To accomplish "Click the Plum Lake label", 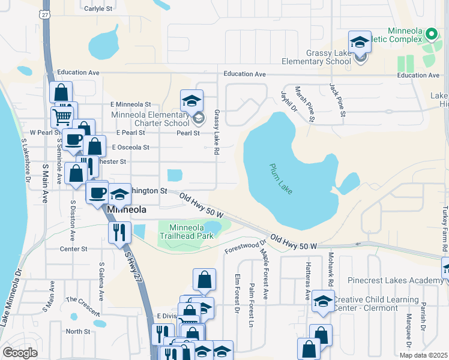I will tap(281, 178).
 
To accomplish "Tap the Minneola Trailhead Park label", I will tap(191, 232).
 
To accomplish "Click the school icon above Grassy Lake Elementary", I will tap(360, 42).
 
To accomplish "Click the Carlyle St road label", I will tap(98, 8).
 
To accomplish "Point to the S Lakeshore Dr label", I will tap(26, 160).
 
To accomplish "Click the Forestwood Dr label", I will tap(245, 246).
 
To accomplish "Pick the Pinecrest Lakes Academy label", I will tap(396, 281).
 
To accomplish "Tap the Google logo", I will tap(20, 353).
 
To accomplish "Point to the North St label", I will tap(78, 331).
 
